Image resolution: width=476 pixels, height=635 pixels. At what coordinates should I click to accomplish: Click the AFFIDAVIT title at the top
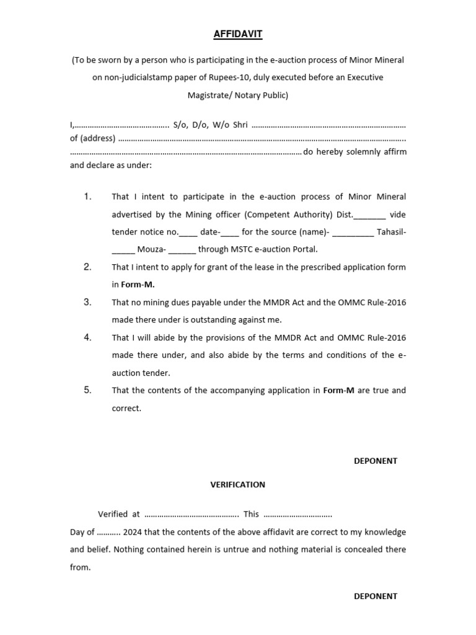(x=238, y=35)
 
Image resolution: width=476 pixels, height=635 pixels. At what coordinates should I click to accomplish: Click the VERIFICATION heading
(x=237, y=484)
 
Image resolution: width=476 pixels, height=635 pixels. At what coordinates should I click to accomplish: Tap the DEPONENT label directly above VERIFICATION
(x=375, y=461)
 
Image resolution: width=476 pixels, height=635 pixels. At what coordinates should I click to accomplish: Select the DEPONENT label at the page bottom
(x=375, y=596)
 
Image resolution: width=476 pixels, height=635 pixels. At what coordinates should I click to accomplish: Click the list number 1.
(x=88, y=197)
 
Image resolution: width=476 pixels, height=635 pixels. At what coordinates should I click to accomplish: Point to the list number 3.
(x=88, y=302)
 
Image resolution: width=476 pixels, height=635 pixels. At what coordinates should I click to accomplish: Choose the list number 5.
(x=88, y=390)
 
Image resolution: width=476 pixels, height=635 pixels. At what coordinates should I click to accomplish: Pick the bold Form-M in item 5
(x=338, y=391)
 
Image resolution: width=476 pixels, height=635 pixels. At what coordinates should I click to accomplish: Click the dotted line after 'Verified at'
(x=192, y=515)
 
